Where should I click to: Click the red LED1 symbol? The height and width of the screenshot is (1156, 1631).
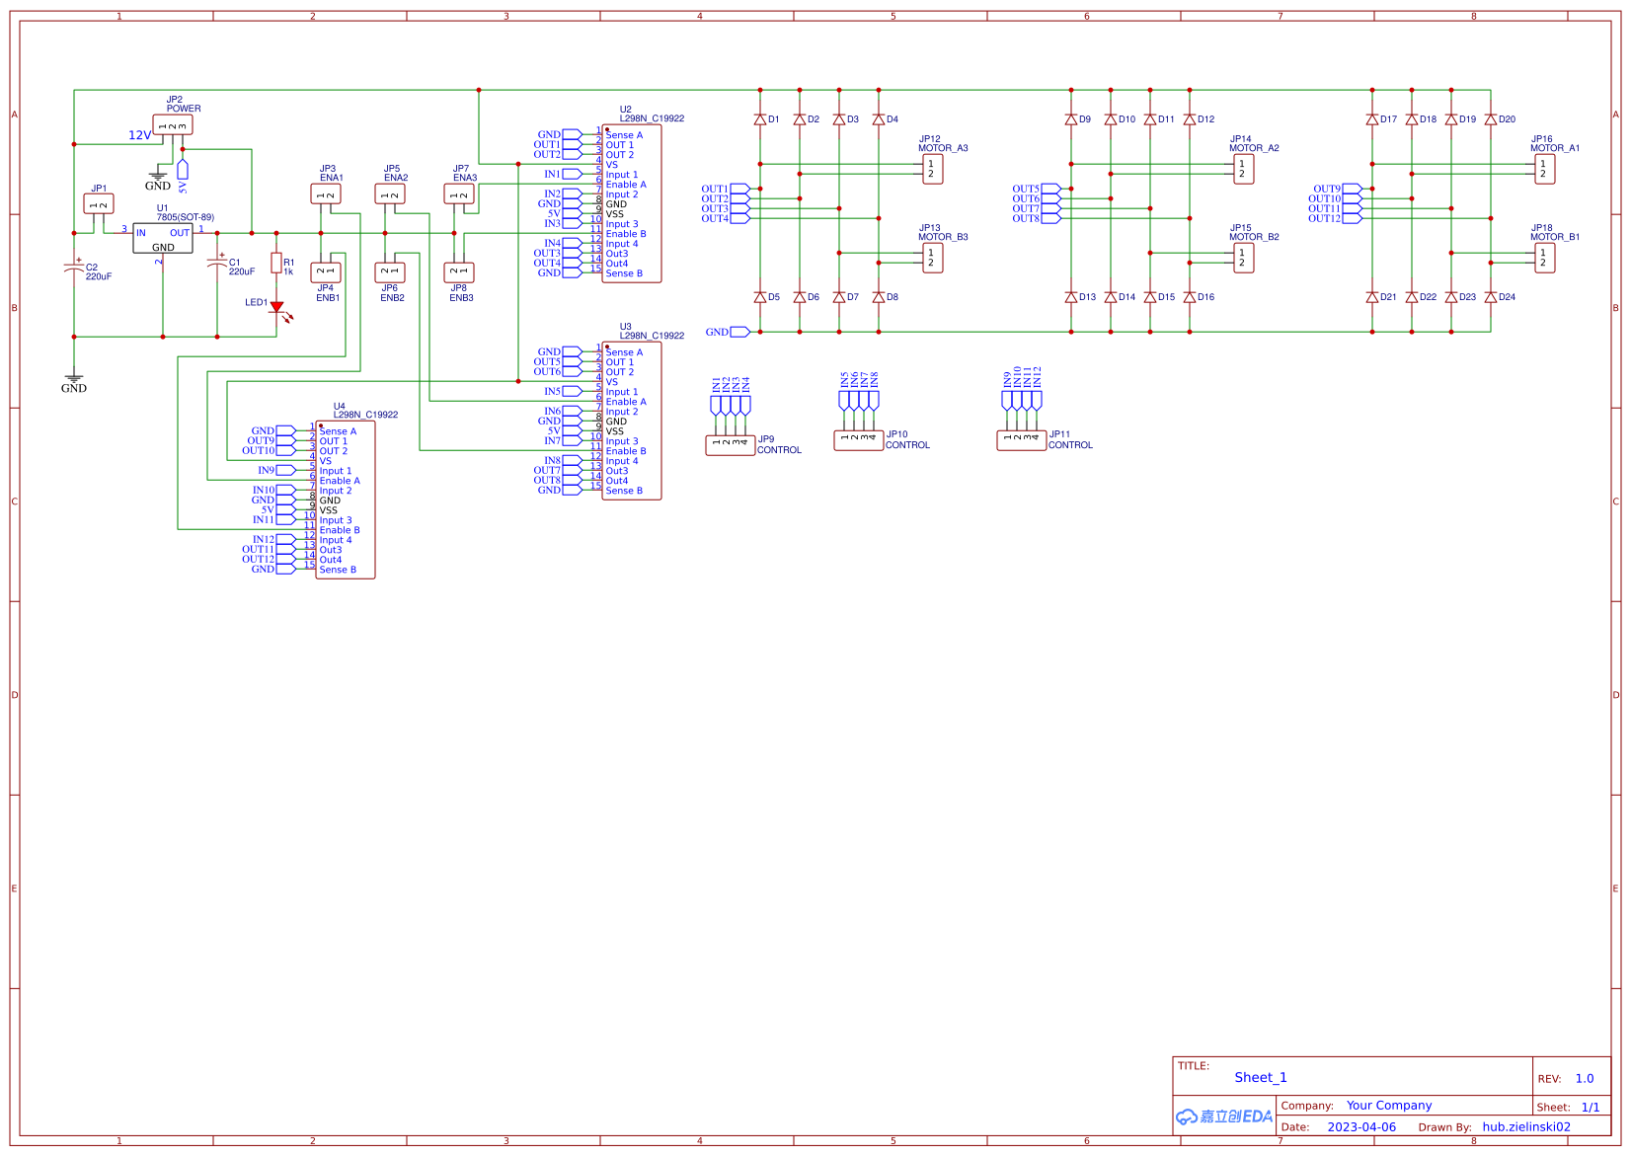tap(276, 308)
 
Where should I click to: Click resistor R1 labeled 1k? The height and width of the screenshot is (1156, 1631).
tap(276, 264)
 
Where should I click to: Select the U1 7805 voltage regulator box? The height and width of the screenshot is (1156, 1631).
tap(163, 238)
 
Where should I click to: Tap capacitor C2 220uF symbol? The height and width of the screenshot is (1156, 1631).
tap(73, 268)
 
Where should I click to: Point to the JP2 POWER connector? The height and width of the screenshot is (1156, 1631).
tap(173, 125)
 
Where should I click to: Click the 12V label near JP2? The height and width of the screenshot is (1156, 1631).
tap(139, 135)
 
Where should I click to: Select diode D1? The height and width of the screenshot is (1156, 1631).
tap(760, 119)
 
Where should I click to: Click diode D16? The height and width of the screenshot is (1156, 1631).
tap(1190, 297)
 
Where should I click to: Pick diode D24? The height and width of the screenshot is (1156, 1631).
tap(1491, 297)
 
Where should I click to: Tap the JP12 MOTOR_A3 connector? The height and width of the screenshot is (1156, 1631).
tap(932, 169)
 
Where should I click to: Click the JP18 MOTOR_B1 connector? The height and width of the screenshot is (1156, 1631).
tap(1544, 258)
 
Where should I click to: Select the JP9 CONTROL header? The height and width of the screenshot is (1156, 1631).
tap(730, 445)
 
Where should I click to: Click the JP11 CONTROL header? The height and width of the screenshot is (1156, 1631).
tap(1021, 440)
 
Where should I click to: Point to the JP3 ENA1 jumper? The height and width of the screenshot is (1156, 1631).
tap(326, 194)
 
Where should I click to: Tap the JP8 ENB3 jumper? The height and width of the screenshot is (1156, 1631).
tap(459, 271)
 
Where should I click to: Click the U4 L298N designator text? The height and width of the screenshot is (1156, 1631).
tap(365, 415)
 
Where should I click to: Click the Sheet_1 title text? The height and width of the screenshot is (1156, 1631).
tap(1260, 1077)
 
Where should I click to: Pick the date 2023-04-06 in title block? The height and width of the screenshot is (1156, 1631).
tap(1360, 1127)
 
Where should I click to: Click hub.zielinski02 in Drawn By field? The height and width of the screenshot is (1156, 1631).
tap(1525, 1127)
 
